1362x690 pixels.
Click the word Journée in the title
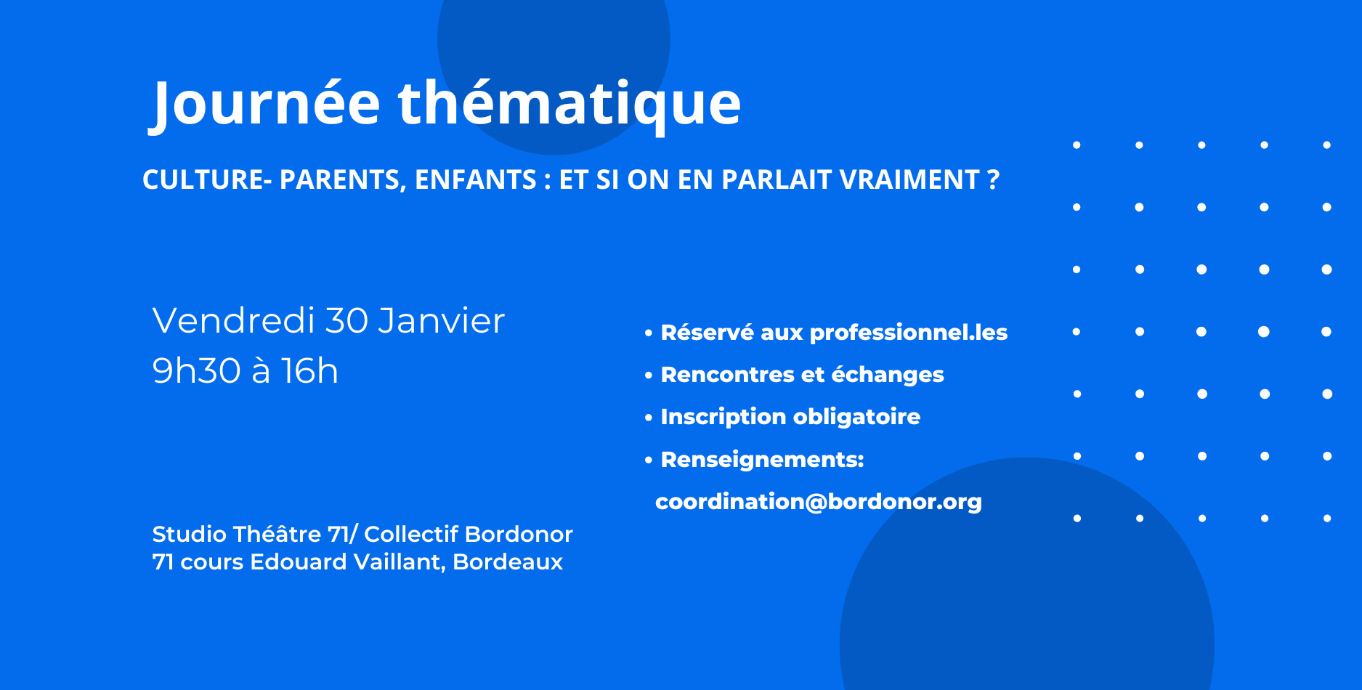[x=264, y=105]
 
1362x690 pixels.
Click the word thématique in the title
[x=569, y=105]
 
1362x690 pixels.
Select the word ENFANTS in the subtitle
[x=475, y=179]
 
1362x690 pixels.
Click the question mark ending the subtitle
[x=994, y=179]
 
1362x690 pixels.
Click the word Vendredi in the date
[x=234, y=320]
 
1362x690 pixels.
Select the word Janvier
[x=442, y=320]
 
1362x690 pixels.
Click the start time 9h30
[x=197, y=371]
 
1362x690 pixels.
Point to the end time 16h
[x=309, y=371]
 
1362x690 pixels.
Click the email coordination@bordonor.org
[x=819, y=502]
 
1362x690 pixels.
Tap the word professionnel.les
[x=909, y=333]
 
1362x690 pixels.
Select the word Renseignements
[x=760, y=460]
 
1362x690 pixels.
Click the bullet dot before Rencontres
[x=649, y=376]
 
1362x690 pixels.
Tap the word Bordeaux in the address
[x=508, y=561]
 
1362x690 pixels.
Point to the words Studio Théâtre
[x=237, y=534]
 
